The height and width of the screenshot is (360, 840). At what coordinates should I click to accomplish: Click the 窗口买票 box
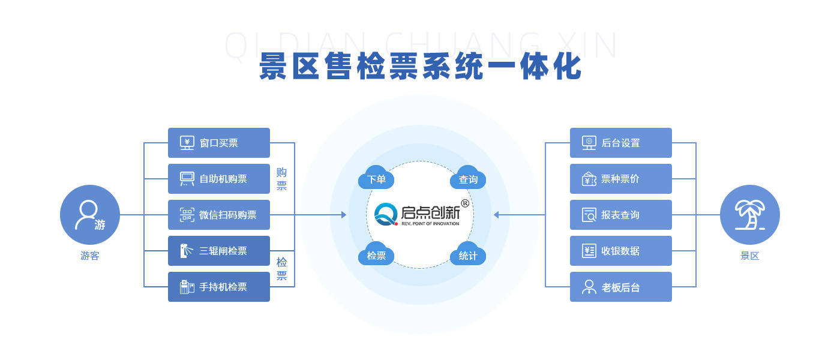[219, 143]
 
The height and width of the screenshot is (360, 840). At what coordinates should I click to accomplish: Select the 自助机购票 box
[219, 179]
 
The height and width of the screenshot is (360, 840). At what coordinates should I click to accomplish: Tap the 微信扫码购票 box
[219, 215]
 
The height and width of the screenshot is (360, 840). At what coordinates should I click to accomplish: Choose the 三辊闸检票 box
[219, 251]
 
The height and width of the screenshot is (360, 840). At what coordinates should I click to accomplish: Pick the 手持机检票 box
[219, 287]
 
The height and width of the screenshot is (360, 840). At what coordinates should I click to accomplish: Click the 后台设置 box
[621, 143]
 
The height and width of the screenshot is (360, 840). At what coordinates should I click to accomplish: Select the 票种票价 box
[621, 179]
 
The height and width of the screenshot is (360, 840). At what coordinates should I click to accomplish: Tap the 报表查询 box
[621, 215]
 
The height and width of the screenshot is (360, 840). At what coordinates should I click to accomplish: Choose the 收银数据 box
[621, 251]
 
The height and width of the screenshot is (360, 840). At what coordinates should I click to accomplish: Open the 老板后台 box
[621, 287]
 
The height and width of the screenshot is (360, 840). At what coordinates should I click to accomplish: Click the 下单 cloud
[376, 179]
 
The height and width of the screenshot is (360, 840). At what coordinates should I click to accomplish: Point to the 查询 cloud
[468, 179]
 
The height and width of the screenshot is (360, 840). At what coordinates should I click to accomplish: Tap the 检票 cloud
[376, 255]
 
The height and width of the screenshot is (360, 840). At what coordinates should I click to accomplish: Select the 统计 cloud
[468, 255]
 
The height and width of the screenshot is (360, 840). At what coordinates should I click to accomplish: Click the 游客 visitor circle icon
[90, 215]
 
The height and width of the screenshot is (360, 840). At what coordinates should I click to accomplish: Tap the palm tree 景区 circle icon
[750, 215]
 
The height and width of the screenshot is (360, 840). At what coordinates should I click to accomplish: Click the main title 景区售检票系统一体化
[420, 67]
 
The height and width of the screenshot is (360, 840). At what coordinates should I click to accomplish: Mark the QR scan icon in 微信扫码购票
[187, 215]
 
